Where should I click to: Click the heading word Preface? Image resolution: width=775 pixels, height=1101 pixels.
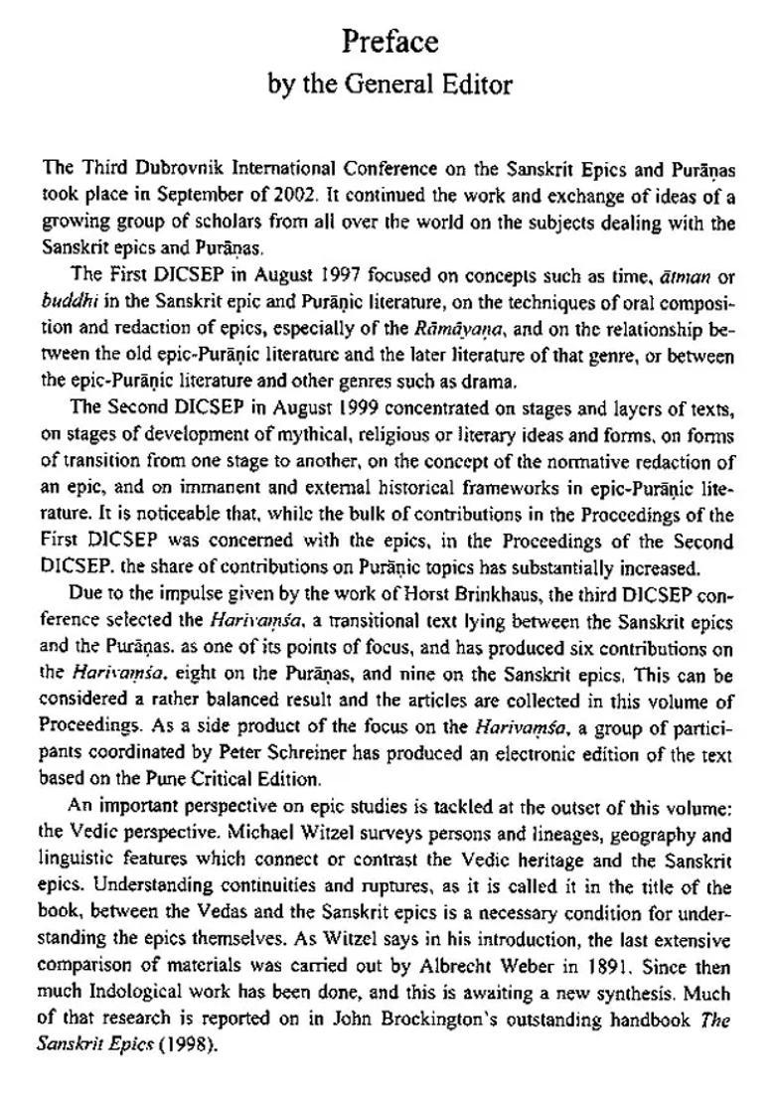click(x=389, y=42)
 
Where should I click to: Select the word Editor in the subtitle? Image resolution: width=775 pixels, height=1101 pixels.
click(x=473, y=85)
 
